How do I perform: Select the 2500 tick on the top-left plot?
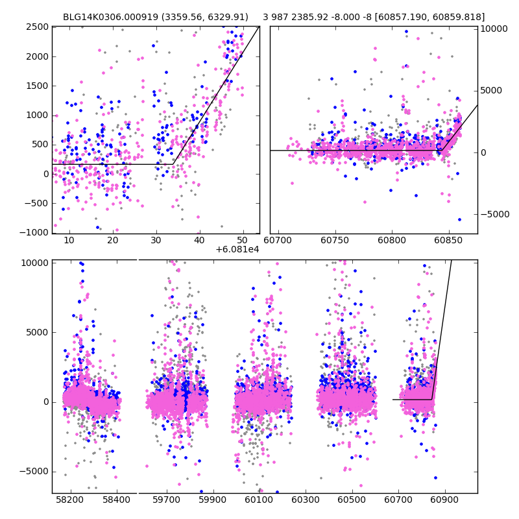point(37,27)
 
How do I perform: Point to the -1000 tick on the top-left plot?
point(34,233)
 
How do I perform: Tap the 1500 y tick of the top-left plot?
point(37,86)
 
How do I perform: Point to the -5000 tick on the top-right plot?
point(494,214)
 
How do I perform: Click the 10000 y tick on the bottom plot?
point(36,263)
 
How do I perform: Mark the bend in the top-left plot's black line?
point(173,164)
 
